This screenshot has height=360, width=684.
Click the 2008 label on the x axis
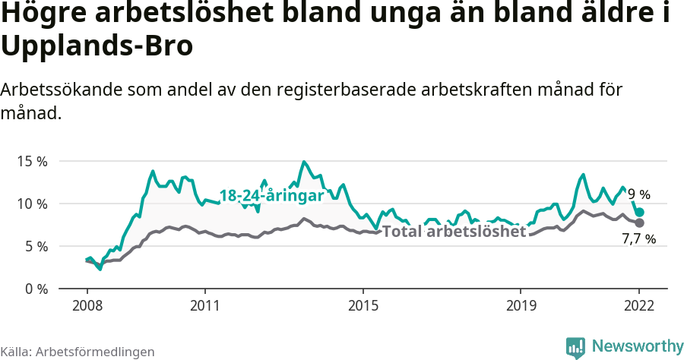pos(87,305)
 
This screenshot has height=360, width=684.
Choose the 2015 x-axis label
pos(363,305)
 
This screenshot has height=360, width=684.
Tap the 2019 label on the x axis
pos(520,305)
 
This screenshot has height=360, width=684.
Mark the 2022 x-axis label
pos(639,305)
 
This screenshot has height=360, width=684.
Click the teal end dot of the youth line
pos(640,213)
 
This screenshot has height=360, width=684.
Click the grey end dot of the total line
pos(640,223)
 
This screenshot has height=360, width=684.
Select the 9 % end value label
pos(638,195)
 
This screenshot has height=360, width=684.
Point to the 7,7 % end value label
pos(638,239)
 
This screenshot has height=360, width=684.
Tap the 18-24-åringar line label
pos(271,195)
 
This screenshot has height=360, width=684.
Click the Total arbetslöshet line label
pos(454,232)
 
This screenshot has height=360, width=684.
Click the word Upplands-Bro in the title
pos(97,46)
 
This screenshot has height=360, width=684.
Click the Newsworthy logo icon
pos(575,347)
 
